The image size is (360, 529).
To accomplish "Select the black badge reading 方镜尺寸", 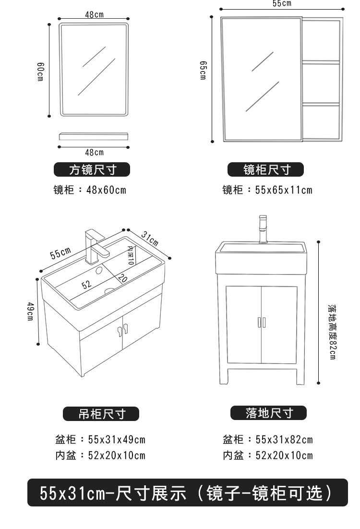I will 92,169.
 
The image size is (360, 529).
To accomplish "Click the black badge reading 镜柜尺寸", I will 267,169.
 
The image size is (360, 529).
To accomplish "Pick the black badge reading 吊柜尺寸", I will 101,414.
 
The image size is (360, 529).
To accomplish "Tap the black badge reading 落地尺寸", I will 269,413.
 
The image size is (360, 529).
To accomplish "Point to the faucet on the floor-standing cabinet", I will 262,229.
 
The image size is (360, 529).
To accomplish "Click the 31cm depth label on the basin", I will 150,237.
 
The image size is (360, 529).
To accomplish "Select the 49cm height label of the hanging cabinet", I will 30,312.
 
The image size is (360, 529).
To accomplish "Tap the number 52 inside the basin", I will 86,284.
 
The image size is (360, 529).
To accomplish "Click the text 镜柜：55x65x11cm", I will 267,190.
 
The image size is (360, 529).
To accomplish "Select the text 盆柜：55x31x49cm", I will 99,439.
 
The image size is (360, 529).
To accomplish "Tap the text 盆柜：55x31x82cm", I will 267,439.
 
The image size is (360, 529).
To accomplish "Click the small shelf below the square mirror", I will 94,136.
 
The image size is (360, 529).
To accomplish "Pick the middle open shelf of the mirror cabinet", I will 321,82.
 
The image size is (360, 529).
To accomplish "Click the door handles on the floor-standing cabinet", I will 262,322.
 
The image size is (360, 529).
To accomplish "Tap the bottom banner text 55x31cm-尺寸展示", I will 113,493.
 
